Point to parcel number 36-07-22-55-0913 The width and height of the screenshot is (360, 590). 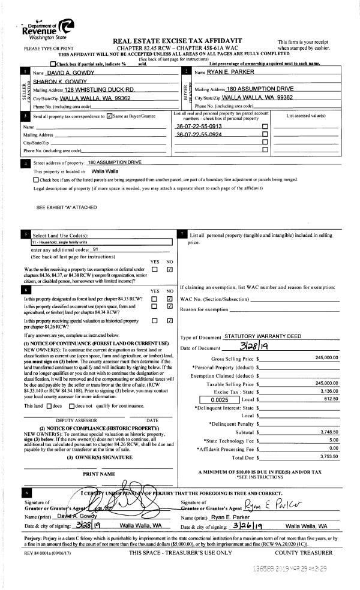click(x=199, y=127)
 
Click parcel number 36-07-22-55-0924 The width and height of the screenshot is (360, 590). click(x=199, y=135)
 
